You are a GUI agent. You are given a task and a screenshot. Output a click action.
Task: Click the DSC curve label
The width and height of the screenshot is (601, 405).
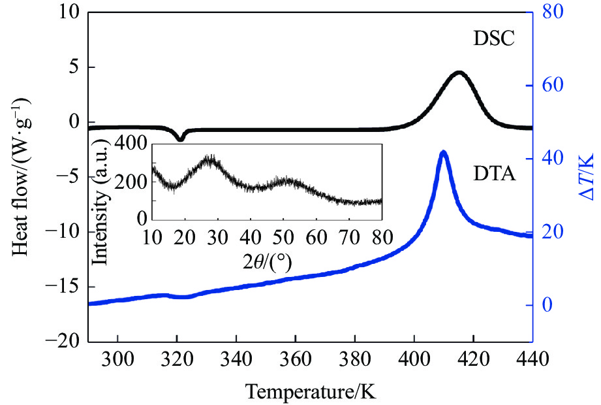click(x=495, y=40)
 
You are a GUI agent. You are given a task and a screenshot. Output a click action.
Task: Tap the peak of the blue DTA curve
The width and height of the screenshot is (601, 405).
click(x=444, y=153)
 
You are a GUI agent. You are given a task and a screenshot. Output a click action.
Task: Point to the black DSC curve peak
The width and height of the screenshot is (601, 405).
click(x=459, y=73)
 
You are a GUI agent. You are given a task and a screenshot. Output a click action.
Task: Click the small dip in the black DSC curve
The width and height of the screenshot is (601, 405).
click(x=181, y=138)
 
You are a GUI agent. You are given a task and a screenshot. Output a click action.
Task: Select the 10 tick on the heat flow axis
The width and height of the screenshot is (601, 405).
click(x=72, y=12)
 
